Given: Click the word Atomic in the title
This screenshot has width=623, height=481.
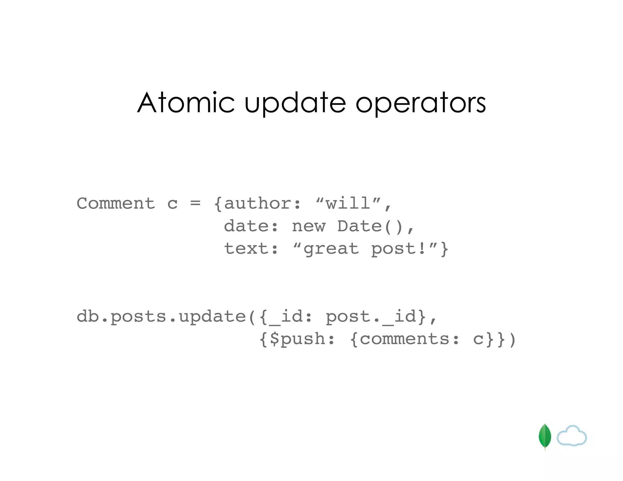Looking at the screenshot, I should click(x=186, y=103).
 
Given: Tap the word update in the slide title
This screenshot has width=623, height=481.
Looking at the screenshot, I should click(x=295, y=103).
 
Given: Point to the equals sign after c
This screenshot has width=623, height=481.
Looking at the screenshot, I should click(x=195, y=203).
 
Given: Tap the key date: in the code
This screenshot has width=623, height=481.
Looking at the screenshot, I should click(x=251, y=226).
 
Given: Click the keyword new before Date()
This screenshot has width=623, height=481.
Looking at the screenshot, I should click(x=308, y=226).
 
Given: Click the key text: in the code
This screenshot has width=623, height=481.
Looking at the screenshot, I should click(x=251, y=249).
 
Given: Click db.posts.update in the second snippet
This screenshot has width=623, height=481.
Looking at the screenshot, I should click(x=161, y=317).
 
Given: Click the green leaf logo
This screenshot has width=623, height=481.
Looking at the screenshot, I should click(x=545, y=436).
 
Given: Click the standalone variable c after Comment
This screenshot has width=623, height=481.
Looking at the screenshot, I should click(x=172, y=204).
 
